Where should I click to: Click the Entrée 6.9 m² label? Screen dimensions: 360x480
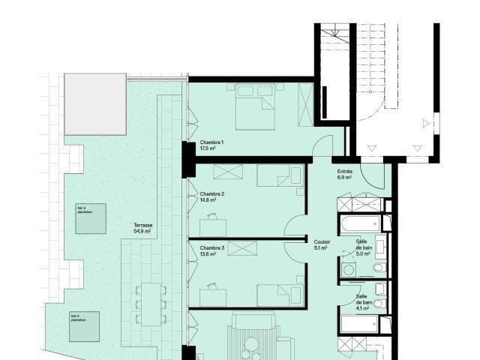[345, 174]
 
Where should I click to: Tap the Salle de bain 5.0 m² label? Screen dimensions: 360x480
[362, 247]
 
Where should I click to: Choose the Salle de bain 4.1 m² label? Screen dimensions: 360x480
[362, 301]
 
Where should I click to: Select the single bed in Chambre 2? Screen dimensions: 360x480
[280, 175]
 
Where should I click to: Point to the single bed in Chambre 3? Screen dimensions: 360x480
[280, 295]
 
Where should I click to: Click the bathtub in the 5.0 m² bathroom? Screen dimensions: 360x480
[360, 223]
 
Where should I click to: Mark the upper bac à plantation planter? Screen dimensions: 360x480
[90, 218]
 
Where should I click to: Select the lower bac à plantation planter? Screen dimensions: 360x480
[85, 326]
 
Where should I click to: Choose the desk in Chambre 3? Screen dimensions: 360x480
[213, 294]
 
